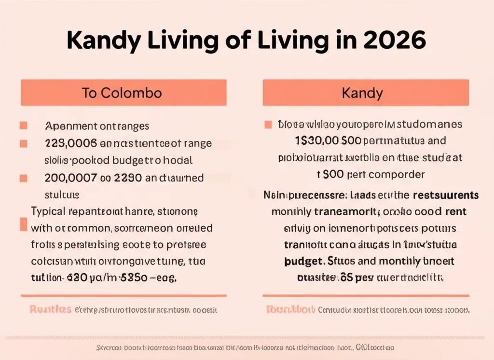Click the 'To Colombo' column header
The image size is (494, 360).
[x=123, y=93]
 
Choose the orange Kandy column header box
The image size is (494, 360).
[x=366, y=93]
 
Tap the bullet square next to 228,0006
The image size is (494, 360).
[x=23, y=143]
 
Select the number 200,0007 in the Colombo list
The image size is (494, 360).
[x=70, y=178]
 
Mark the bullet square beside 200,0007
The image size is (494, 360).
[x=23, y=178]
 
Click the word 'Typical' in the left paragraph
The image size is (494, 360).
[x=49, y=211]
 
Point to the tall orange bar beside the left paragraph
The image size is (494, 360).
[x=22, y=224]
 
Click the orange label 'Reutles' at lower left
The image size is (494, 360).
[x=51, y=309]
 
